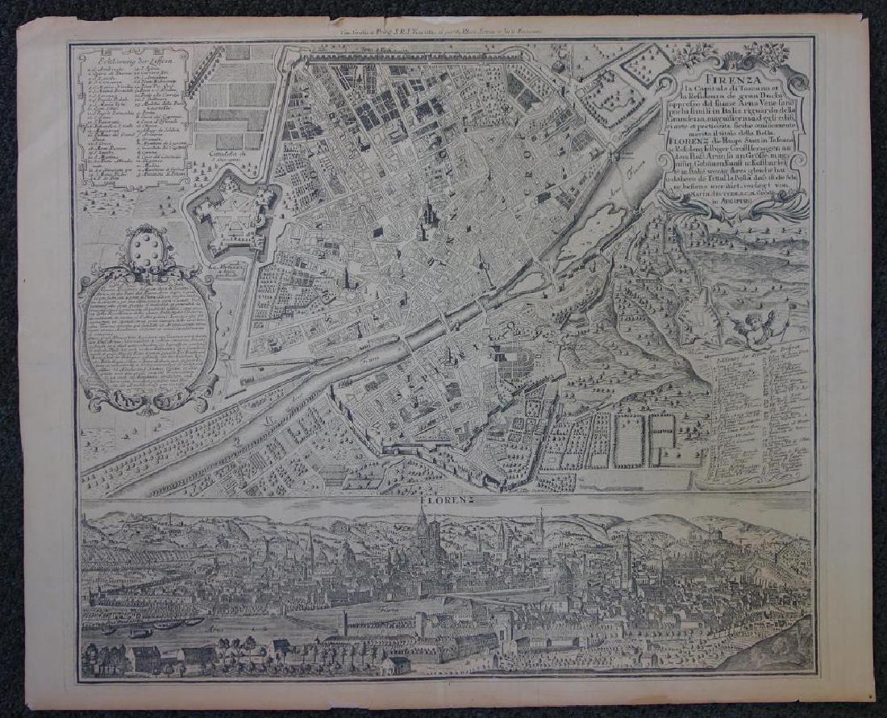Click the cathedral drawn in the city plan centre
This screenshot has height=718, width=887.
(427, 218)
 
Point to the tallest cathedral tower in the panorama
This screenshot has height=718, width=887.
(421, 532)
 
